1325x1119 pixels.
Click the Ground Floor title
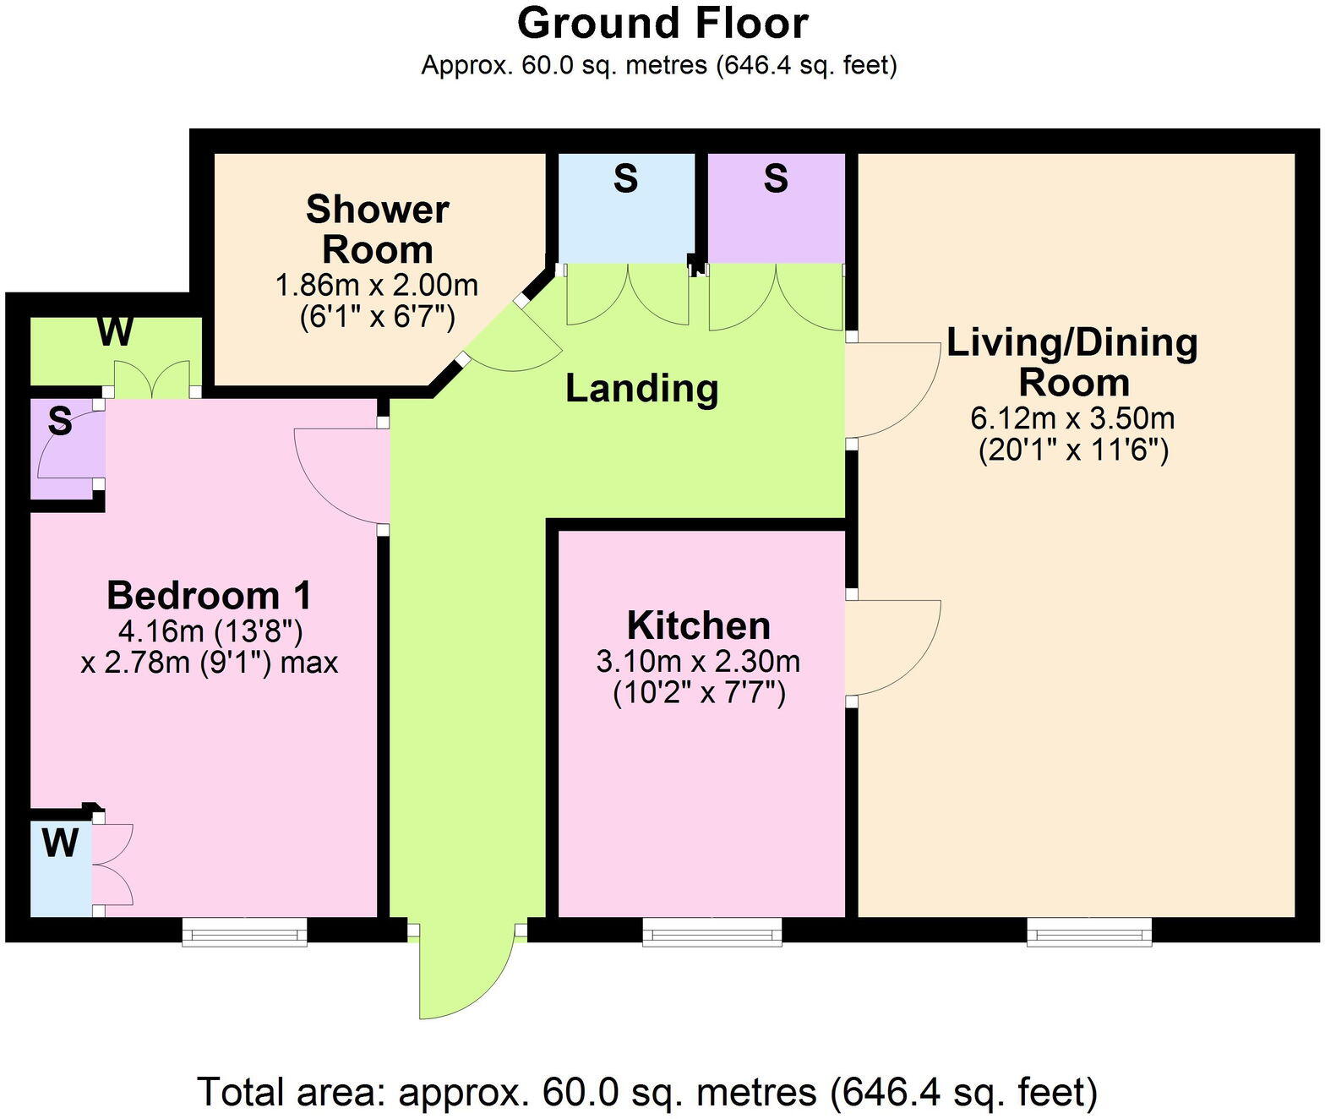[x=662, y=24]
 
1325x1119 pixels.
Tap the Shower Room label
[x=377, y=230]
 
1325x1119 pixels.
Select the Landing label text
[x=641, y=389]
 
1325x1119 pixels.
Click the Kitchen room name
[x=698, y=626]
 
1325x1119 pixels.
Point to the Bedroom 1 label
[x=209, y=596]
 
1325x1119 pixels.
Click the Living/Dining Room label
[x=1072, y=363]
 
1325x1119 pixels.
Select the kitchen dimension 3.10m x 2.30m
[x=698, y=661]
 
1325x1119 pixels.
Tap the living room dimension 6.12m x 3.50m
[x=1072, y=418]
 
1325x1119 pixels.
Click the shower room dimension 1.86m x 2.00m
[x=377, y=286]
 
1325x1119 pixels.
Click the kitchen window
[x=712, y=932]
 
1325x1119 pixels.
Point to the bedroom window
[x=244, y=932]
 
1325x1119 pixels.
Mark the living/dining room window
[x=1089, y=932]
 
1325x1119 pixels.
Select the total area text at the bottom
[x=647, y=1092]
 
